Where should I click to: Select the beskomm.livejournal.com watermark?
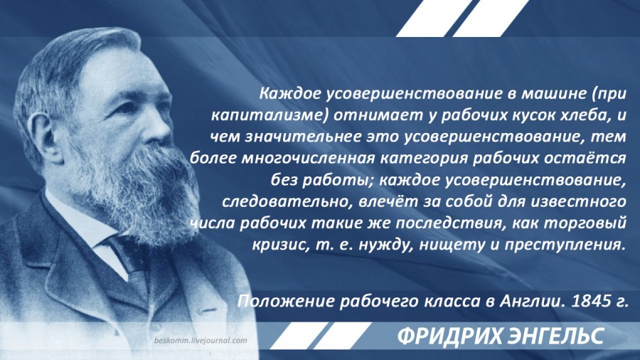(x=201, y=340)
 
